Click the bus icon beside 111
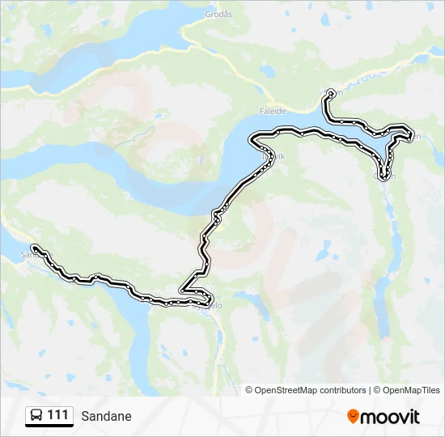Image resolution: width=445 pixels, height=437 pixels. (36, 416)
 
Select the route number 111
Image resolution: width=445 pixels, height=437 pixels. (57, 416)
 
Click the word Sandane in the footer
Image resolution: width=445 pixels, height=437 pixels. (106, 417)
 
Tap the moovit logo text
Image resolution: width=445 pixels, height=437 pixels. (390, 417)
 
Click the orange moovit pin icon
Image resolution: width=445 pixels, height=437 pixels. (353, 416)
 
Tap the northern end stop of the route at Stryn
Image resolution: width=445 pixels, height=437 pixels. (330, 95)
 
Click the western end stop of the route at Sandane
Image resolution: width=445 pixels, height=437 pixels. (34, 247)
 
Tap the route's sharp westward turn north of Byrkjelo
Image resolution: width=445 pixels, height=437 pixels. (183, 289)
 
